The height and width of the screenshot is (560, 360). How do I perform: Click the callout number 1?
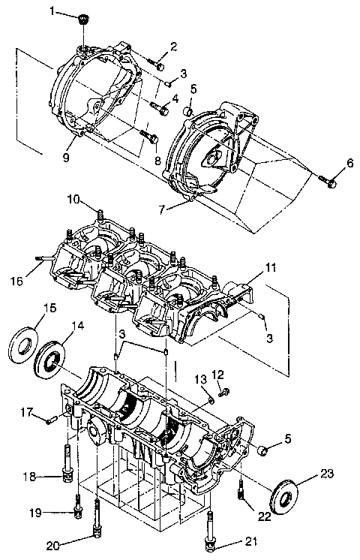(x=52, y=11)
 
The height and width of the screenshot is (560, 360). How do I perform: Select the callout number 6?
(x=349, y=163)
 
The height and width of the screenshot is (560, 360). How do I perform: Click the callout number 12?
(x=217, y=374)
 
